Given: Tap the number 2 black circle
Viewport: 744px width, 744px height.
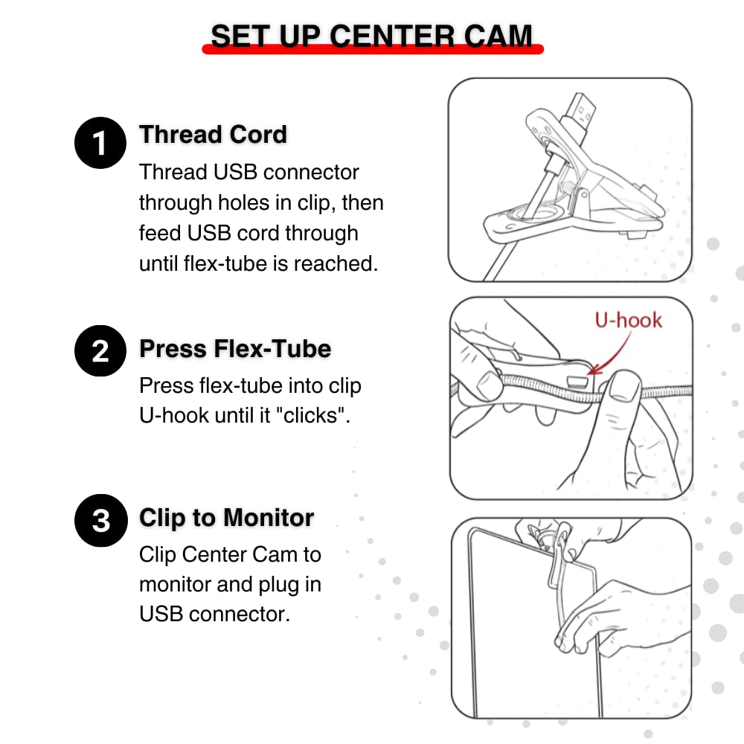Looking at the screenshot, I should point(100,350).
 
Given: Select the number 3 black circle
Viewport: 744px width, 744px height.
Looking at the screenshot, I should point(100,519).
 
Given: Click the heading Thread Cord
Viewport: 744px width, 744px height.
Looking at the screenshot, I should point(213,135).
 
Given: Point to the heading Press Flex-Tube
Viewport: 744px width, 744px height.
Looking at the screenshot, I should point(235,348).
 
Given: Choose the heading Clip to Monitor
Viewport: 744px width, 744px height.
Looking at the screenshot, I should point(226,517).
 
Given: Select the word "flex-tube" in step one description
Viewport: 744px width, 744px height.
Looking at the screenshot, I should point(229,263).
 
